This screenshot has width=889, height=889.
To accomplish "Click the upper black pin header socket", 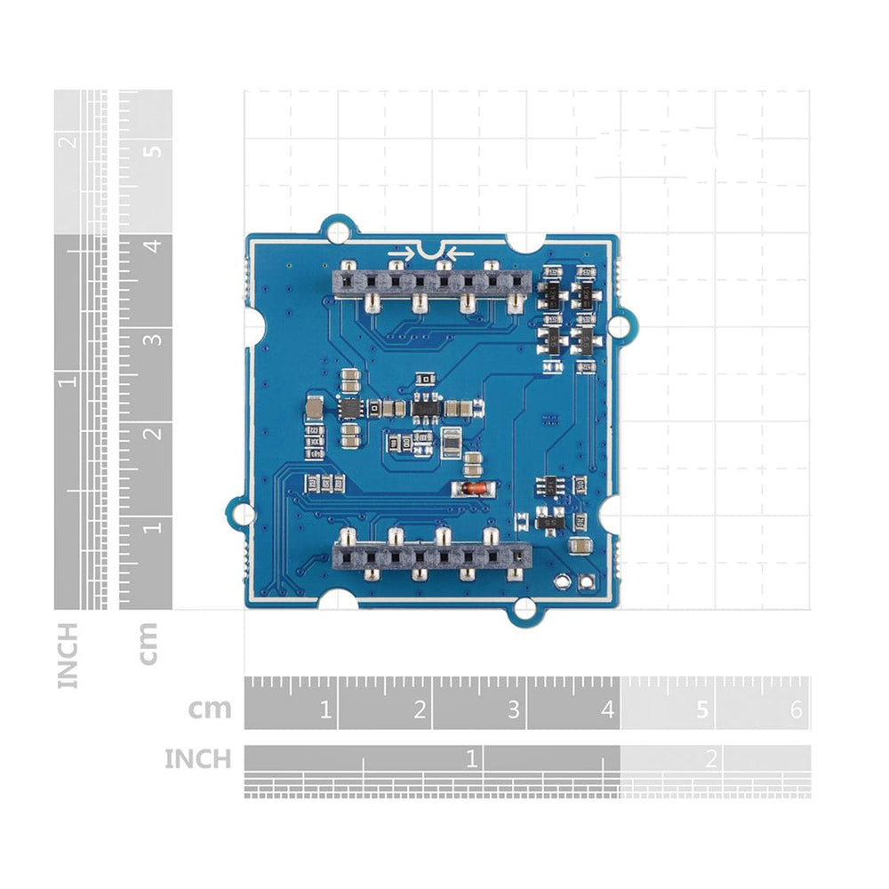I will pyautogui.click(x=430, y=284).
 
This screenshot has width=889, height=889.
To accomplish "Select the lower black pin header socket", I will pyautogui.click(x=430, y=557).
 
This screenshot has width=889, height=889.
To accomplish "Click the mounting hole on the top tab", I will pyautogui.click(x=338, y=230).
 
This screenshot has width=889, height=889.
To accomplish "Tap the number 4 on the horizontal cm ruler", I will pyautogui.click(x=608, y=710).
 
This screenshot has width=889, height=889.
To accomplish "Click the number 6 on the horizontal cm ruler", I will pyautogui.click(x=796, y=710).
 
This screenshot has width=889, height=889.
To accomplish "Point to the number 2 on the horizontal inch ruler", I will pyautogui.click(x=710, y=758).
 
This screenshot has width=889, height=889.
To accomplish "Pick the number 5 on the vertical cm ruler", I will pyautogui.click(x=156, y=149).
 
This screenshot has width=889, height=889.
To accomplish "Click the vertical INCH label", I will pyautogui.click(x=68, y=655).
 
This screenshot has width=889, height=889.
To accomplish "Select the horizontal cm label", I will pyautogui.click(x=210, y=709).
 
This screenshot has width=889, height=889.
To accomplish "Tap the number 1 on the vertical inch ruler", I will pyautogui.click(x=68, y=380).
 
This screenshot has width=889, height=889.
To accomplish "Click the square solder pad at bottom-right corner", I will pyautogui.click(x=585, y=583).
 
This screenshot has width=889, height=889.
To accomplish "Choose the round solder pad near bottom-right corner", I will pyautogui.click(x=562, y=583).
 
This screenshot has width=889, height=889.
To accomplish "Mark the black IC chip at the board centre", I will pyautogui.click(x=428, y=408).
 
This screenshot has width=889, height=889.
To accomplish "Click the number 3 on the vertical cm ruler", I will pyautogui.click(x=156, y=338).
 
